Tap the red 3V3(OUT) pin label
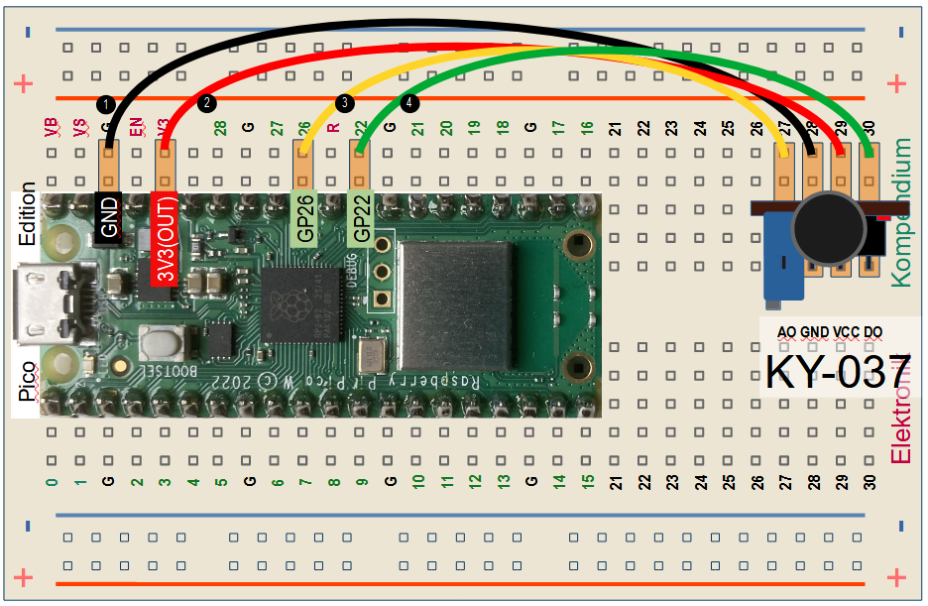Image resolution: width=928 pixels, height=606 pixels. [165, 237]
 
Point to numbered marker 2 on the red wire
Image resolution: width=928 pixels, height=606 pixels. [206, 102]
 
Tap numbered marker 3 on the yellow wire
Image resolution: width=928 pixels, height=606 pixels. [344, 102]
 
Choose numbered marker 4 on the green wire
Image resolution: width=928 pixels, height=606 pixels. [409, 102]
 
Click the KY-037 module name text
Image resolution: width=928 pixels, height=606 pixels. [838, 372]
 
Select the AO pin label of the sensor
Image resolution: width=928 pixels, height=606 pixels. [786, 332]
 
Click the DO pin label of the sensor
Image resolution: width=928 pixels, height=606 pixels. [873, 332]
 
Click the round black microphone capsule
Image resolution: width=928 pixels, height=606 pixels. [830, 229]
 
